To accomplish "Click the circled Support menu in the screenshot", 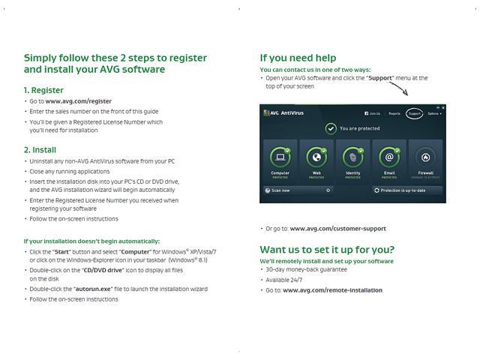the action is (x=414, y=114).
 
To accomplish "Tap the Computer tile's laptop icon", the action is (x=280, y=157).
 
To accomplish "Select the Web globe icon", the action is (x=316, y=157).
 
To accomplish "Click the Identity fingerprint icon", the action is (x=352, y=157).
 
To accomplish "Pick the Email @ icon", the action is (x=388, y=157).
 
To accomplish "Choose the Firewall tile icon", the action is (x=425, y=157).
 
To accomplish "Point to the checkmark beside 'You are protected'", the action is (x=330, y=128).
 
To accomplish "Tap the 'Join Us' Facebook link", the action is (x=372, y=114).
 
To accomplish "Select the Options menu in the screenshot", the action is (x=434, y=114).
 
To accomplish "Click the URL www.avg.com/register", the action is (x=78, y=101).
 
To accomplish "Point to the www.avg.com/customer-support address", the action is (x=337, y=229).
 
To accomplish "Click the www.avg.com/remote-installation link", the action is (x=332, y=290).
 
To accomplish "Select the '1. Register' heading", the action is (x=43, y=90).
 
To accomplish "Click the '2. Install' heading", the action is (x=40, y=150).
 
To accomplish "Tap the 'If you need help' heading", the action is (x=298, y=58).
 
